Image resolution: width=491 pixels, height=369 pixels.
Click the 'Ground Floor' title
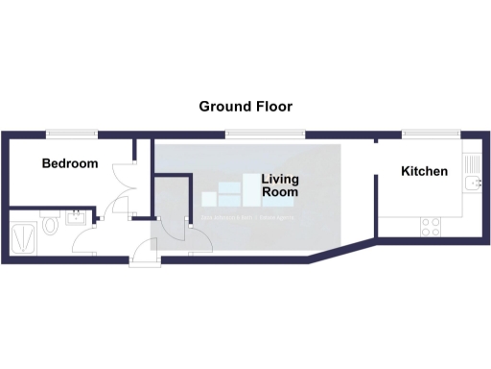click(x=245, y=106)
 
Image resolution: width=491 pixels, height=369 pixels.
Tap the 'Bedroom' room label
click(x=70, y=163)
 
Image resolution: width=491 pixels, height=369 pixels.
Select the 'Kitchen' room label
click(x=424, y=171)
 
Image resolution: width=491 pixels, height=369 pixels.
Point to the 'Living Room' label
click(x=280, y=185)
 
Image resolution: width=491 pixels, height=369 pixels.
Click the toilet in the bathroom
click(x=49, y=226)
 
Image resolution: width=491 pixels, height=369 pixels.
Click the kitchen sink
click(x=471, y=181)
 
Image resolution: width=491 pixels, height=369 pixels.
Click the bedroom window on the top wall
click(x=73, y=133)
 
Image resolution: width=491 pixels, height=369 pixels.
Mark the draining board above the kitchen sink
click(x=471, y=161)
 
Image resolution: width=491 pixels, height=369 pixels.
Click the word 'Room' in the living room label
click(x=280, y=192)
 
